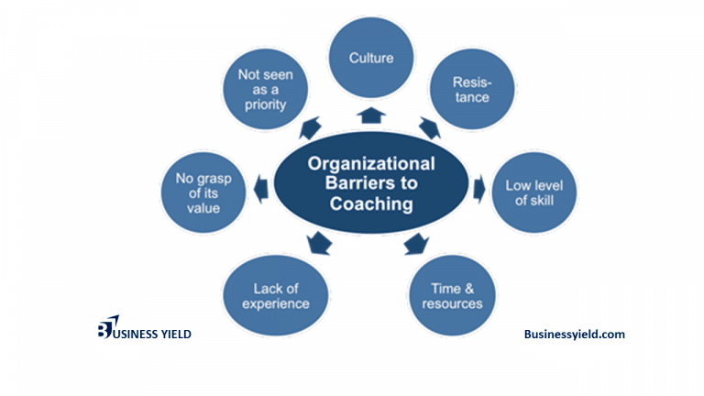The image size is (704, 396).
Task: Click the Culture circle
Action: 371,59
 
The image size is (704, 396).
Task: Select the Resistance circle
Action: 470,88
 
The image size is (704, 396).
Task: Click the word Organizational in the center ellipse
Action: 371,164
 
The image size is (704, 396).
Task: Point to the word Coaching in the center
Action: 371,203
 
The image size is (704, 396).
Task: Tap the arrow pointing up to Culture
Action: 371,115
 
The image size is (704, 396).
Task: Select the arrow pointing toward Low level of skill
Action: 478,189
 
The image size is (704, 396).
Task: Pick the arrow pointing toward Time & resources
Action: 416,244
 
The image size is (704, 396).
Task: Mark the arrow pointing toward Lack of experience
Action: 318,243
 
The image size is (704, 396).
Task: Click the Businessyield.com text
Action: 574,335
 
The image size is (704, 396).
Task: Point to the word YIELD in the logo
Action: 172,335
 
